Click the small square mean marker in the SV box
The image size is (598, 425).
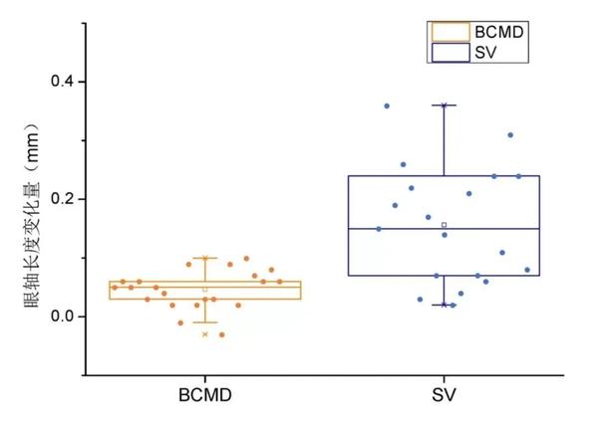click(x=445, y=225)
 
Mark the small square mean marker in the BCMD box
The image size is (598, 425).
click(x=205, y=290)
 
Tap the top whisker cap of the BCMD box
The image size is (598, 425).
click(x=205, y=258)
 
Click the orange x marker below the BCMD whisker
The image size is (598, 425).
click(x=205, y=334)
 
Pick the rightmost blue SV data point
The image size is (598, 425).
click(x=527, y=270)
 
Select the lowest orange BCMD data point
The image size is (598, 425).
click(x=222, y=334)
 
